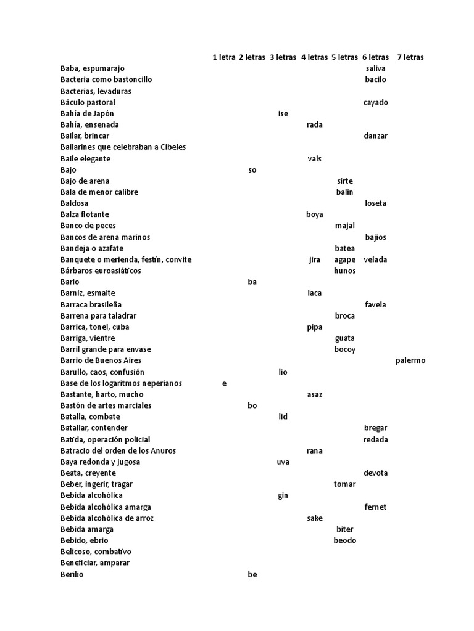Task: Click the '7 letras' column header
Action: click(x=410, y=57)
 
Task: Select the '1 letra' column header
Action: click(x=223, y=57)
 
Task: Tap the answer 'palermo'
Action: click(x=410, y=360)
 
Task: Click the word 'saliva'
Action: click(x=375, y=68)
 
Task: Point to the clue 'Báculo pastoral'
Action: click(x=88, y=102)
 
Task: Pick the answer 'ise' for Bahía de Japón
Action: click(x=283, y=113)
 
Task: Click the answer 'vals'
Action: click(x=314, y=158)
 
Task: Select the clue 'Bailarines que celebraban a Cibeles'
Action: click(x=123, y=147)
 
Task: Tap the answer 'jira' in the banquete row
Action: click(x=314, y=259)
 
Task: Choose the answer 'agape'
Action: click(x=344, y=259)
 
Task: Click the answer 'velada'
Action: click(x=375, y=259)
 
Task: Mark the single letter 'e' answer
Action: click(x=224, y=383)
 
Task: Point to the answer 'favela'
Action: click(x=375, y=304)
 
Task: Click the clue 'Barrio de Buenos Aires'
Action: click(x=101, y=360)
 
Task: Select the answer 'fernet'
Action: click(x=375, y=507)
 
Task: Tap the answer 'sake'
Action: click(x=314, y=518)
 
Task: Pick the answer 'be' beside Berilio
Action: click(x=252, y=574)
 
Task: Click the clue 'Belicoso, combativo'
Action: click(x=96, y=552)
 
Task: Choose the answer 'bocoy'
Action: click(x=344, y=349)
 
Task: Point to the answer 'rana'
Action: click(x=314, y=450)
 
